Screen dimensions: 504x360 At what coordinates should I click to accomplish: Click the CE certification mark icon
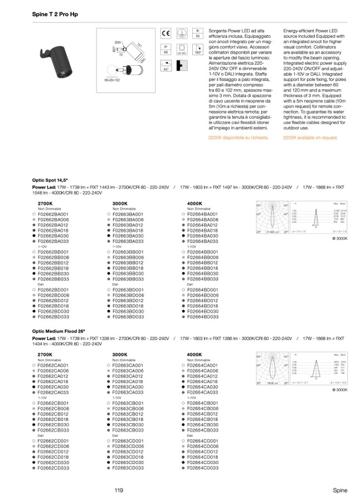pos(166,33)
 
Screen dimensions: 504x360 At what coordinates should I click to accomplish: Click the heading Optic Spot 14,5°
pos(51,181)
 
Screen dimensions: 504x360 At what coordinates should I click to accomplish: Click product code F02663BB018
pos(128,268)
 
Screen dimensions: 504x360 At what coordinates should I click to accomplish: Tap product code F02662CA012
pos(52,376)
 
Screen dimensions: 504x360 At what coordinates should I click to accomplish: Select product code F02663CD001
pos(128,441)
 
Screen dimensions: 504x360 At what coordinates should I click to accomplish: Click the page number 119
pos(118,490)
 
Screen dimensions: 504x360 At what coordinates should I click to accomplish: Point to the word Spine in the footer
pos(340,490)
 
